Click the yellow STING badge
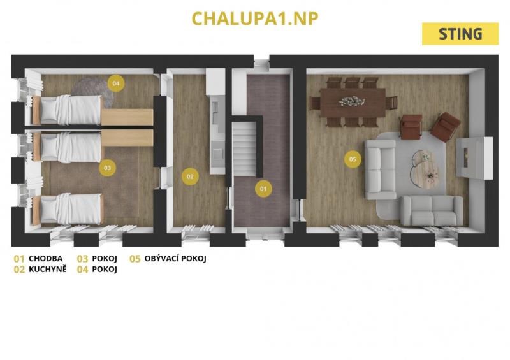click(x=460, y=34)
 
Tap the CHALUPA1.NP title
click(x=255, y=18)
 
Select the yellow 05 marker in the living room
click(x=353, y=159)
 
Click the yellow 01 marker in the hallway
click(x=263, y=189)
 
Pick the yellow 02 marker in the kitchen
click(x=190, y=176)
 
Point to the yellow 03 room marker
click(x=107, y=168)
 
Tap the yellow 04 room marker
click(x=116, y=83)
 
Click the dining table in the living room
click(x=353, y=103)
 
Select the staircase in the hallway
click(x=245, y=151)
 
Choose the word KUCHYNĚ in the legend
click(x=47, y=270)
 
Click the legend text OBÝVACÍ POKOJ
click(x=175, y=259)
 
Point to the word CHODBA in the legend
click(x=45, y=259)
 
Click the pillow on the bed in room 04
click(x=49, y=110)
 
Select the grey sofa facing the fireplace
click(x=381, y=169)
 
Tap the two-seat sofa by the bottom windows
click(x=432, y=210)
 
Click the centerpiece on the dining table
click(x=351, y=101)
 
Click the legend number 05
click(x=135, y=259)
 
